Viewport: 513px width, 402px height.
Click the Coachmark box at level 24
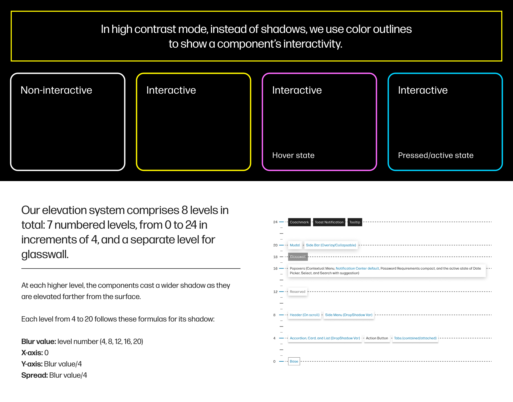pyautogui.click(x=299, y=222)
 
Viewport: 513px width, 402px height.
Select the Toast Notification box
pyautogui.click(x=329, y=222)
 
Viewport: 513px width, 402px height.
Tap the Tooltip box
pyautogui.click(x=355, y=222)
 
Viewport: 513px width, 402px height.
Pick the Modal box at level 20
pyautogui.click(x=295, y=245)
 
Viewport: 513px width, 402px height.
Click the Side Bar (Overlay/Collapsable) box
pyautogui.click(x=331, y=245)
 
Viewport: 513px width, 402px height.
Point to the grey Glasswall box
pyautogui.click(x=298, y=257)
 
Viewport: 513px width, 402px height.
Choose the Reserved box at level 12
pyautogui.click(x=297, y=292)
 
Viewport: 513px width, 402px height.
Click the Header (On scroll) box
pyautogui.click(x=304, y=315)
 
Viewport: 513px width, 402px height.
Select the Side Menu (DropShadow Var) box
pyautogui.click(x=348, y=315)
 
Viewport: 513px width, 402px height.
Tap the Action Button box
pyautogui.click(x=377, y=338)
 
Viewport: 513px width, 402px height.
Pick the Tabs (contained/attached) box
pyautogui.click(x=415, y=338)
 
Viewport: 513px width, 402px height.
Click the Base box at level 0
pyautogui.click(x=294, y=362)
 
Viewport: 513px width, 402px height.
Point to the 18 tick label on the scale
pyautogui.click(x=275, y=257)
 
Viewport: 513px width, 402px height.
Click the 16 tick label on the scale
pyautogui.click(x=275, y=269)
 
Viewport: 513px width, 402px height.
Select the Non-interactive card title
pyautogui.click(x=56, y=90)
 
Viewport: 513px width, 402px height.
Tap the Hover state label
pyautogui.click(x=293, y=155)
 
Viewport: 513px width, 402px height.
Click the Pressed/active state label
pyautogui.click(x=436, y=155)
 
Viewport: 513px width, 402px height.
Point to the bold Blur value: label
pyautogui.click(x=38, y=342)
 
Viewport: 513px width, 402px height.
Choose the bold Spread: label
pyautogui.click(x=34, y=375)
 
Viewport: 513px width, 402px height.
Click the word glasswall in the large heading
pyautogui.click(x=45, y=254)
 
